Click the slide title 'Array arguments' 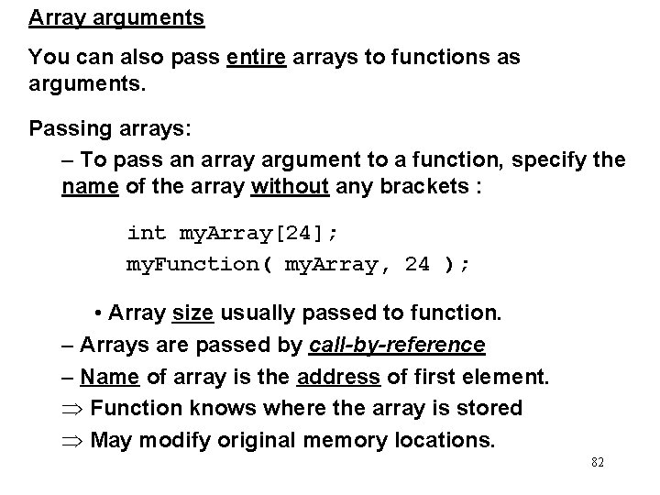pos(116,17)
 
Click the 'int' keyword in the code pos(147,233)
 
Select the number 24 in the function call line pos(416,264)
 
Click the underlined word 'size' pos(192,313)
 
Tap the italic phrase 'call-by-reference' pos(397,345)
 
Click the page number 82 pos(598,463)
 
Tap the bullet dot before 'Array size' pos(98,313)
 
